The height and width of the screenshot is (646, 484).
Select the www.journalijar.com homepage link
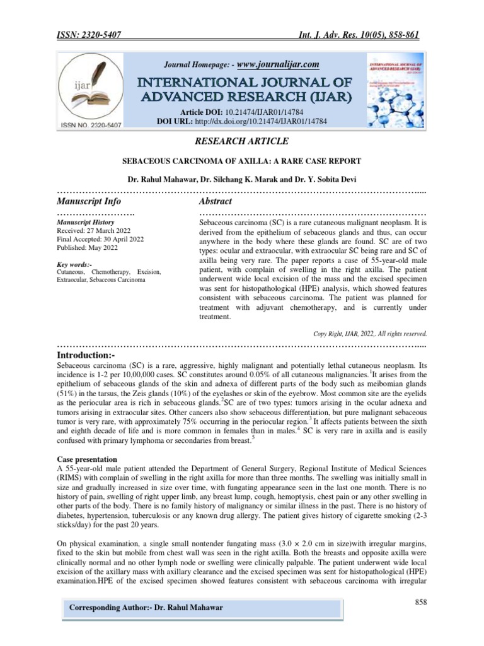click(278, 64)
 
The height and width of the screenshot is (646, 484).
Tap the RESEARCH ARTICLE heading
click(243, 141)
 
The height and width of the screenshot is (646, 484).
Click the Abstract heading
click(216, 201)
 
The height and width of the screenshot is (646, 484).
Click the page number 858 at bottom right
click(421, 602)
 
